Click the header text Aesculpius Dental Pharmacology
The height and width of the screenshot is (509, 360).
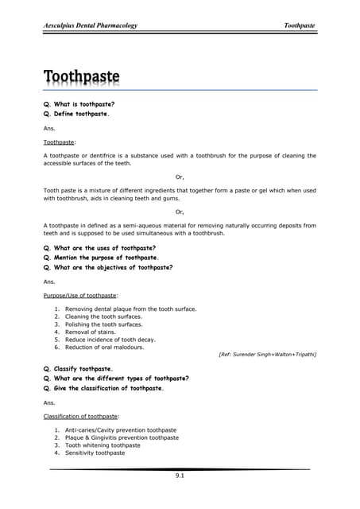click(90, 25)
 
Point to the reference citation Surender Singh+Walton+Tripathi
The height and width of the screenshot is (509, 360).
click(267, 354)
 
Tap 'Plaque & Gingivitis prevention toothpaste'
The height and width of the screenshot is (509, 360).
click(122, 437)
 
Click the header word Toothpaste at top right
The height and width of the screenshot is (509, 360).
click(300, 25)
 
